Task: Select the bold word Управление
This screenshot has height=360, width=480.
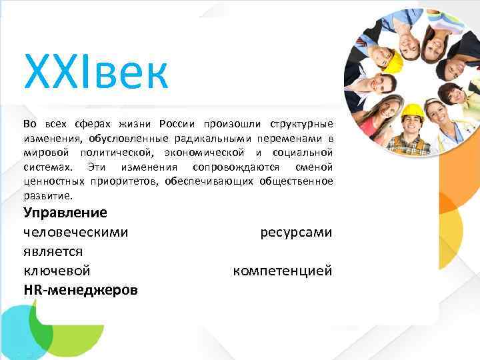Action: pyautogui.click(x=65, y=213)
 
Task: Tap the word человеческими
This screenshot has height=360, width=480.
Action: pyautogui.click(x=76, y=232)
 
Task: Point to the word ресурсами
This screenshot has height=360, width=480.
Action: pyautogui.click(x=296, y=232)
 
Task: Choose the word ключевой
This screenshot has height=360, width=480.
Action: pyautogui.click(x=57, y=271)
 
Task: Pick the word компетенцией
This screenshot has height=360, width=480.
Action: pyautogui.click(x=282, y=271)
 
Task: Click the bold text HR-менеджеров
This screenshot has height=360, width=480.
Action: pyautogui.click(x=81, y=290)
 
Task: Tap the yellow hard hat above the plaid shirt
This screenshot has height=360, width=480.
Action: pyautogui.click(x=413, y=110)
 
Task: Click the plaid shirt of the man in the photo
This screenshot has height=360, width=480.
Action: pyautogui.click(x=409, y=145)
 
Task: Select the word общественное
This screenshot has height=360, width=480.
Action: pyautogui.click(x=299, y=182)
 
